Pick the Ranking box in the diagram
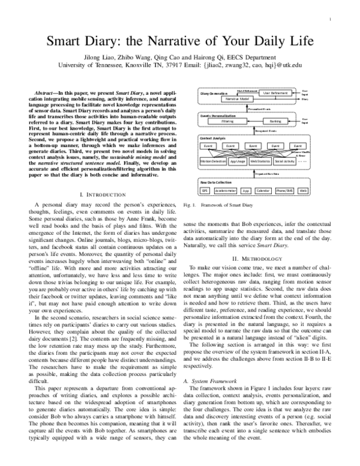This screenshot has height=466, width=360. [x=275, y=121]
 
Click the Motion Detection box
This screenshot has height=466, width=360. [x=212, y=162]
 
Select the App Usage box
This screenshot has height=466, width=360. [x=238, y=162]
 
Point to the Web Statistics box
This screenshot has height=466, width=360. [x=260, y=162]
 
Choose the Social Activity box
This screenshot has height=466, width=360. [x=284, y=162]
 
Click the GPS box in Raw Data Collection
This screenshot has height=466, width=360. [x=205, y=190]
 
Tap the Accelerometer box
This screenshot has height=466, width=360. [x=225, y=190]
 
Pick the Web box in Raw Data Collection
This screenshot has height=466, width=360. [x=304, y=190]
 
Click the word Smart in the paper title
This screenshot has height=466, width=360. [x=71, y=43]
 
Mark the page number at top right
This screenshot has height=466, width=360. [x=331, y=20]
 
